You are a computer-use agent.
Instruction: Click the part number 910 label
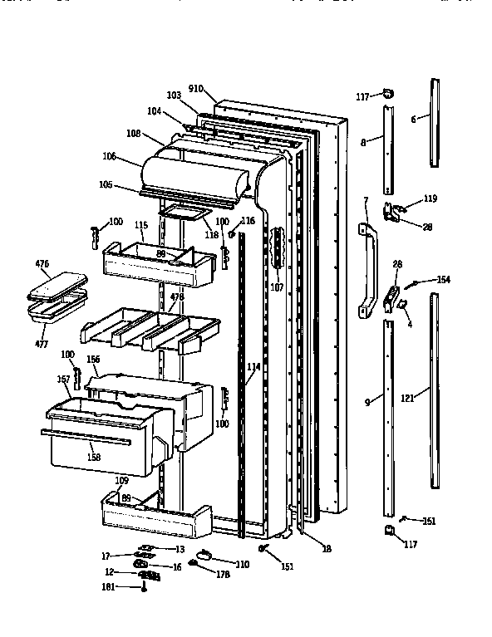pyautogui.click(x=196, y=87)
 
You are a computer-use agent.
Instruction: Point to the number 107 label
pyautogui.click(x=277, y=287)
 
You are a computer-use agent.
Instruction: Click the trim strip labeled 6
pyautogui.click(x=435, y=119)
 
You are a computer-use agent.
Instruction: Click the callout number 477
pyautogui.click(x=42, y=343)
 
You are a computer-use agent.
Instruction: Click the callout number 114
pyautogui.click(x=253, y=365)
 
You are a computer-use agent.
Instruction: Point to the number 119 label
pyautogui.click(x=430, y=198)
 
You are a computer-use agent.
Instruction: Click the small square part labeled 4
pyautogui.click(x=404, y=306)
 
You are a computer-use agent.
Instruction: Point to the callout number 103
pyautogui.click(x=173, y=96)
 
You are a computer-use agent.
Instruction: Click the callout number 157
pyautogui.click(x=63, y=380)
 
